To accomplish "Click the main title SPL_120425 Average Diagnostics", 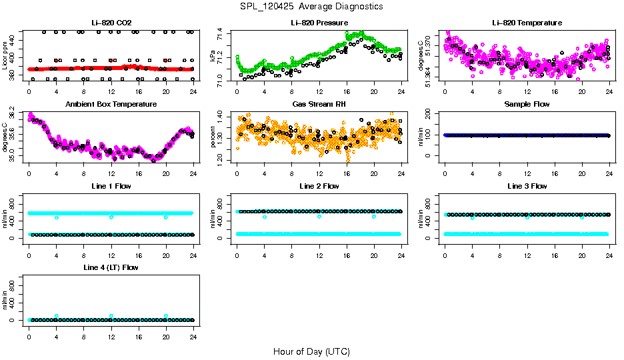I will click(x=312, y=6).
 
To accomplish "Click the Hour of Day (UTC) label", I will click(x=311, y=351).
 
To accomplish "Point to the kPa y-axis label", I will click(x=213, y=57).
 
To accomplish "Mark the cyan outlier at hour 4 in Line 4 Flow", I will click(x=57, y=316).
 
